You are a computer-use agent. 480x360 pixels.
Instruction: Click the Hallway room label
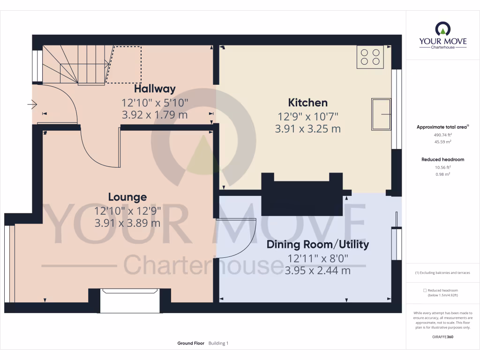click(155, 89)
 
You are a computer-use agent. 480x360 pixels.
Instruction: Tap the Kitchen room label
click(307, 103)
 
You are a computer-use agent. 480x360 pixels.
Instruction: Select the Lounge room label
click(127, 197)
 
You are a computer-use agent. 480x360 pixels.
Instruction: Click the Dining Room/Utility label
click(317, 244)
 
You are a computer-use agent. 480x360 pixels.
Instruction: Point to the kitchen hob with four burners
click(370, 57)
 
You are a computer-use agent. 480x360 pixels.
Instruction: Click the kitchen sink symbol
click(382, 114)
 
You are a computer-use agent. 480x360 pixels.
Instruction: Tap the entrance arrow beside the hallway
click(32, 105)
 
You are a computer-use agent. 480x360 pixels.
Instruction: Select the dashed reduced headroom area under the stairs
click(125, 65)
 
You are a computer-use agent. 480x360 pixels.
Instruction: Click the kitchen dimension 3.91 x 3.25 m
click(307, 128)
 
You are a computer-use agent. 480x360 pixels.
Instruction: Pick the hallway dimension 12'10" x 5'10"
click(155, 102)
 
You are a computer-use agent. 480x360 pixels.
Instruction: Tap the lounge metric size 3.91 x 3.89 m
click(127, 223)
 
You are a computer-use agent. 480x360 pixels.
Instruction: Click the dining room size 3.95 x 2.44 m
click(317, 270)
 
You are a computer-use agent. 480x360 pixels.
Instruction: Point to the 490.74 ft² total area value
click(442, 135)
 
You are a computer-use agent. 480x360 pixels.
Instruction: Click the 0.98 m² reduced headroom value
click(442, 174)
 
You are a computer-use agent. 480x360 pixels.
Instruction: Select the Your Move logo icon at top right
click(442, 30)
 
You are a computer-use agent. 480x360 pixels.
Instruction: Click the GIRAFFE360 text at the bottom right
click(442, 337)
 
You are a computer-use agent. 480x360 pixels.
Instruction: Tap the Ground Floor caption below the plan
click(190, 344)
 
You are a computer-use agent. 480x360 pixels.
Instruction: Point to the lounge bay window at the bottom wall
click(130, 301)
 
